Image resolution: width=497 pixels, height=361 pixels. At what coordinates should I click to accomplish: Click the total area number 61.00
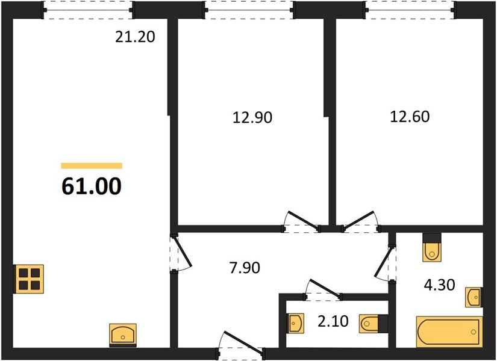92,186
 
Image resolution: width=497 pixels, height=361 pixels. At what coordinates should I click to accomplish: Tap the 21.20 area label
135,37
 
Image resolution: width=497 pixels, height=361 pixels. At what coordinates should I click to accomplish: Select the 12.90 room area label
252,117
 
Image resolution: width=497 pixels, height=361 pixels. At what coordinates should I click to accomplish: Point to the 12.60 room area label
409,116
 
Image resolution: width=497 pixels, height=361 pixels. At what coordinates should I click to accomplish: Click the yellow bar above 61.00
92,165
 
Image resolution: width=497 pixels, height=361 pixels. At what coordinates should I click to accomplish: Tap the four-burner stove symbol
28,279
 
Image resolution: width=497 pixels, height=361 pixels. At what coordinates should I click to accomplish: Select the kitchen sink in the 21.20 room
123,334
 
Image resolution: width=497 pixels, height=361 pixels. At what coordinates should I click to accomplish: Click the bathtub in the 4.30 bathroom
449,332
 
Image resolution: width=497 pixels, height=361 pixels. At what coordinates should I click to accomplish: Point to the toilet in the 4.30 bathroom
431,248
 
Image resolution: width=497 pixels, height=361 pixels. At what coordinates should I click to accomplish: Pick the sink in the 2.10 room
295,324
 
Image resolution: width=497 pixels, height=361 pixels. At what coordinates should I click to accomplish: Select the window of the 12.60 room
409,9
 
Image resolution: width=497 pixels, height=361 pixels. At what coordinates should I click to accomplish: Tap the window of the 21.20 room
89,9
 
